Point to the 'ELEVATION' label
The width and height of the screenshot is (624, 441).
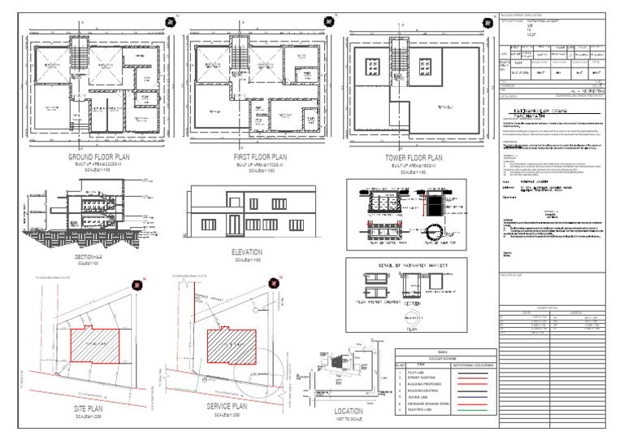[x=248, y=252]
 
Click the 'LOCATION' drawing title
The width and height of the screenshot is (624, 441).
[x=349, y=411]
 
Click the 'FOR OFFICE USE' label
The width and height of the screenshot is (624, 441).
[x=514, y=274]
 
